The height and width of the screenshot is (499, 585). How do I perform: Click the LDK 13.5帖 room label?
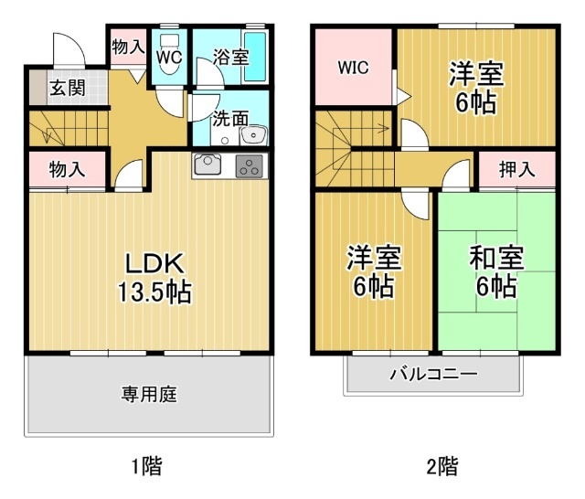click(153, 278)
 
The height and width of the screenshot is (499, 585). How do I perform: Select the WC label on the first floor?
click(169, 58)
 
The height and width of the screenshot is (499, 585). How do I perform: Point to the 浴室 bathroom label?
click(229, 58)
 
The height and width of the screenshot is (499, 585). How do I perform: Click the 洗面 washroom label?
click(230, 118)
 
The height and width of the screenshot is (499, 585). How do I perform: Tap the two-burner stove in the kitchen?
click(249, 165)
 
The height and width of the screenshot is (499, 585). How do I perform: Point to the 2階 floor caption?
click(441, 467)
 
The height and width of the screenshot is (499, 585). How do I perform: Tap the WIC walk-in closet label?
click(353, 68)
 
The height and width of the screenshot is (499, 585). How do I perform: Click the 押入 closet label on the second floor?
click(517, 169)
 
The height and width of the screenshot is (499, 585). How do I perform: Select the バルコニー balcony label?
click(433, 374)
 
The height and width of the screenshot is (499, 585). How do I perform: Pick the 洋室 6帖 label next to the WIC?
click(475, 88)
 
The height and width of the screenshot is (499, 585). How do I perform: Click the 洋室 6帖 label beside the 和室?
click(373, 272)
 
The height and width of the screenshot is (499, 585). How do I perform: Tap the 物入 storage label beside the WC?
click(128, 46)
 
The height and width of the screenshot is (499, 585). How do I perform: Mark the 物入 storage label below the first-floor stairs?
click(66, 169)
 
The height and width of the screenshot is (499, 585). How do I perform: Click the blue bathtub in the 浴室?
click(256, 57)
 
